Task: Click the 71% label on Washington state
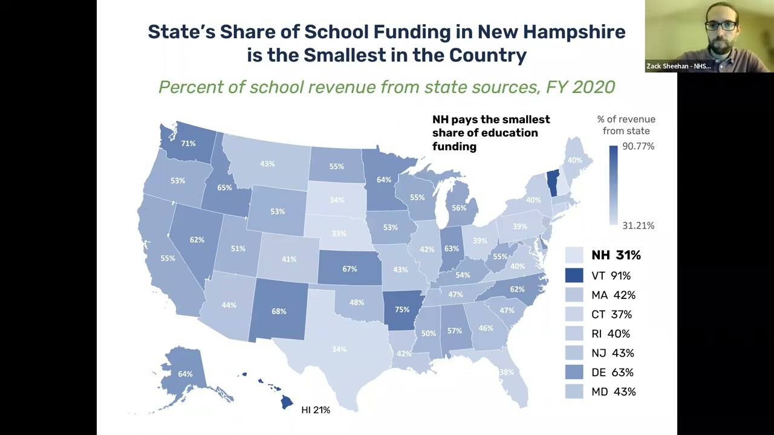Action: tap(188, 144)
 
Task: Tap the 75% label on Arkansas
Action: tap(402, 309)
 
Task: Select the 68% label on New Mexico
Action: tap(279, 311)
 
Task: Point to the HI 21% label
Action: tap(316, 410)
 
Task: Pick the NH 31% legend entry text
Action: tap(616, 255)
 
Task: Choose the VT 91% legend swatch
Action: tap(574, 275)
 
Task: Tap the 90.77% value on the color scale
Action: tap(638, 146)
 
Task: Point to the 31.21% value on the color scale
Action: tap(638, 225)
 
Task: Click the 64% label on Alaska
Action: tap(185, 374)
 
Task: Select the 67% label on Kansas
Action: tap(350, 269)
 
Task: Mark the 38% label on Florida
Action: tap(507, 373)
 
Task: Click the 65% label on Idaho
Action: tap(224, 188)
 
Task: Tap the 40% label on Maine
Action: tap(574, 160)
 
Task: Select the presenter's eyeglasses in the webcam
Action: tap(721, 26)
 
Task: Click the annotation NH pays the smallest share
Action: tap(490, 132)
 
